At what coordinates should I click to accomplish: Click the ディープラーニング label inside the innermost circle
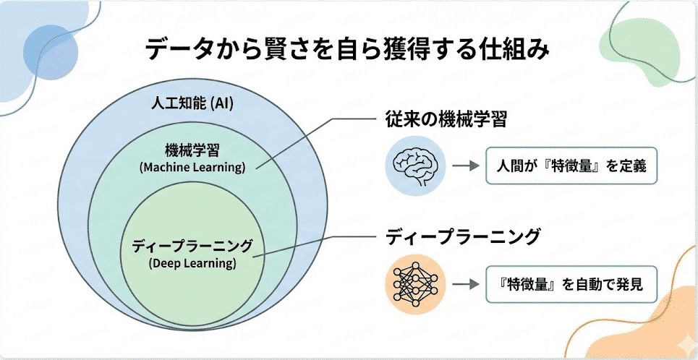click(192, 246)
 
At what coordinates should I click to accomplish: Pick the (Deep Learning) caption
click(192, 263)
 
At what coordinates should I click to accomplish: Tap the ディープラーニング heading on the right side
click(462, 236)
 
